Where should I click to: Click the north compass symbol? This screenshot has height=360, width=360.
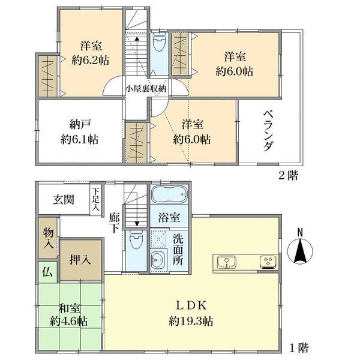point(301,250)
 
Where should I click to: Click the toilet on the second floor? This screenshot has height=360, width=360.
point(160,46)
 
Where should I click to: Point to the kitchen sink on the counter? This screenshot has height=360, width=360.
point(226,262)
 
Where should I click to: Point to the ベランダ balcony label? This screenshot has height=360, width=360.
point(269,130)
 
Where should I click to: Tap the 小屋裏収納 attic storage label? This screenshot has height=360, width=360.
point(146,88)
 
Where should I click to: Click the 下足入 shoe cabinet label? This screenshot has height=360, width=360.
point(95,200)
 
